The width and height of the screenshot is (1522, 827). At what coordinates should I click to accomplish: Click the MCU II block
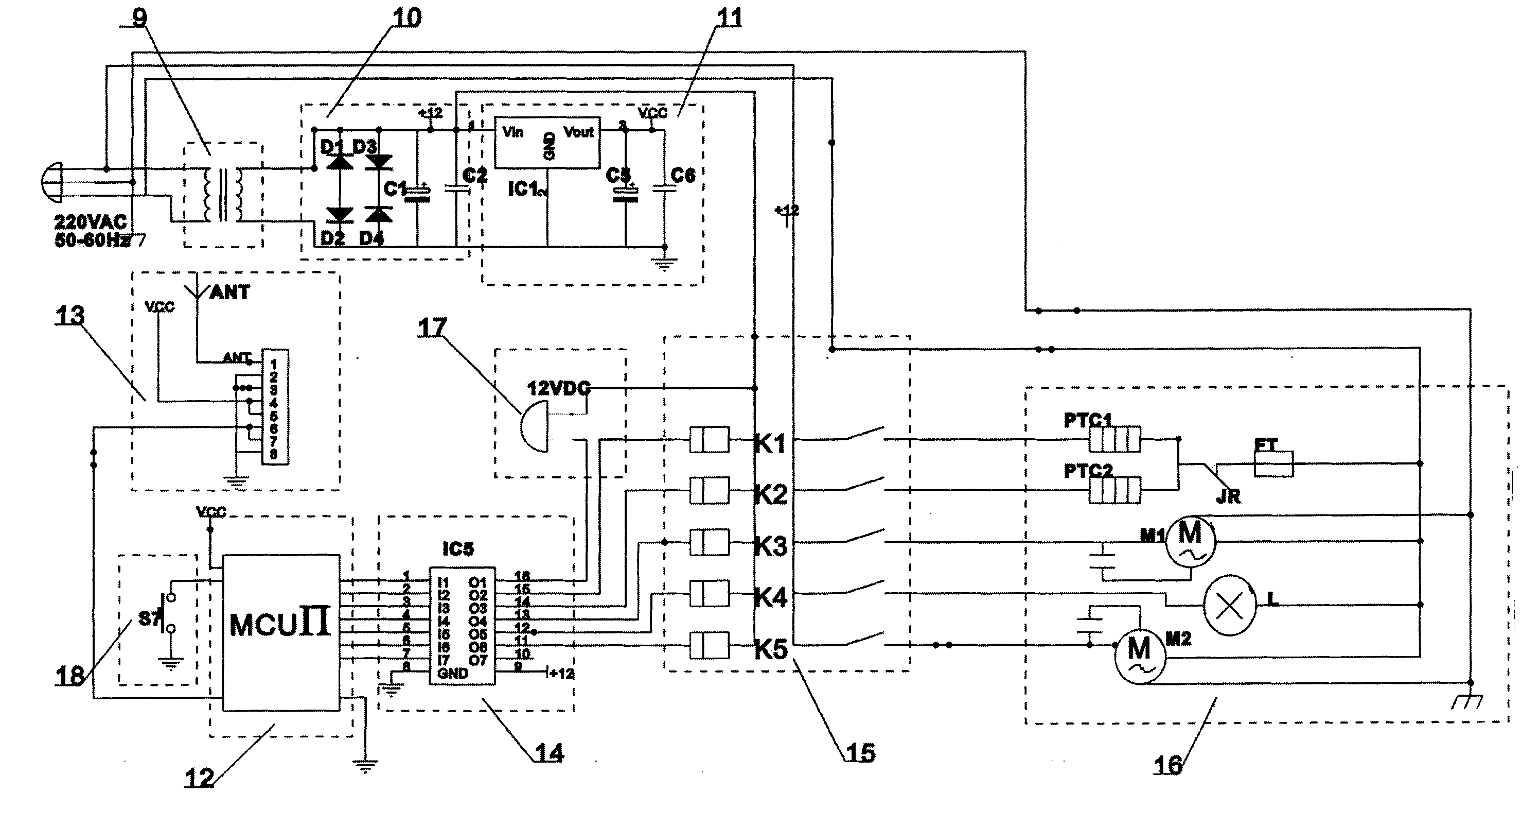(280, 632)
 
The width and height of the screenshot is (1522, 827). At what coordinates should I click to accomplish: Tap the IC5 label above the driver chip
(458, 549)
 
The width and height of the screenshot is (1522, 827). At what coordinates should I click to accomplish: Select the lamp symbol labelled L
(1230, 606)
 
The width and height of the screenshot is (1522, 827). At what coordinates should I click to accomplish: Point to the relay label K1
(770, 443)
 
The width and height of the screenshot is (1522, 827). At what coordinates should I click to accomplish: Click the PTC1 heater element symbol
(1114, 440)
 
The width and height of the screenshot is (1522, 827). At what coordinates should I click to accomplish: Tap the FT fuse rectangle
(1273, 464)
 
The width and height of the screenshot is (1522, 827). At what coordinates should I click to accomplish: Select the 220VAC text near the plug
(91, 222)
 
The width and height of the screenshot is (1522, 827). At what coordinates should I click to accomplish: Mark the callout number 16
(1168, 765)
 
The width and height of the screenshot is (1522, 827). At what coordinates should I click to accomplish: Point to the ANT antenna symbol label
(229, 292)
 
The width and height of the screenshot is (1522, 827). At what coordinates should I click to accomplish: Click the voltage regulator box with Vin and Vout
(547, 142)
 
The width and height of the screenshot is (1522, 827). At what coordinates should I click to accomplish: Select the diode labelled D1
(340, 161)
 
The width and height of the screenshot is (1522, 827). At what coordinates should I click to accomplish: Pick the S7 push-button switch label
(148, 619)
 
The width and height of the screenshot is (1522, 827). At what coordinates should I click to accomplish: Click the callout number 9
(139, 18)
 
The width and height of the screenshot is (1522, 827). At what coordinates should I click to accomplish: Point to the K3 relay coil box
(709, 542)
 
